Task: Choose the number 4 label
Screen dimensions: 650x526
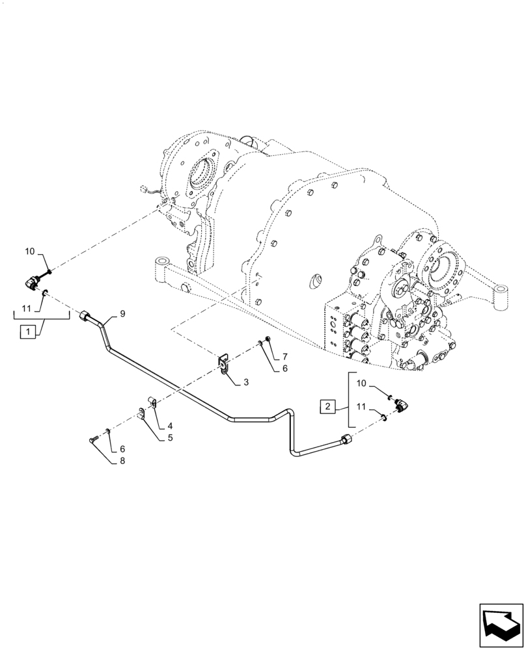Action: pos(170,426)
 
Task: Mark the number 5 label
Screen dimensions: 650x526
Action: pos(170,438)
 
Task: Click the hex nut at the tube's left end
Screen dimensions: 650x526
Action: pos(85,317)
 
